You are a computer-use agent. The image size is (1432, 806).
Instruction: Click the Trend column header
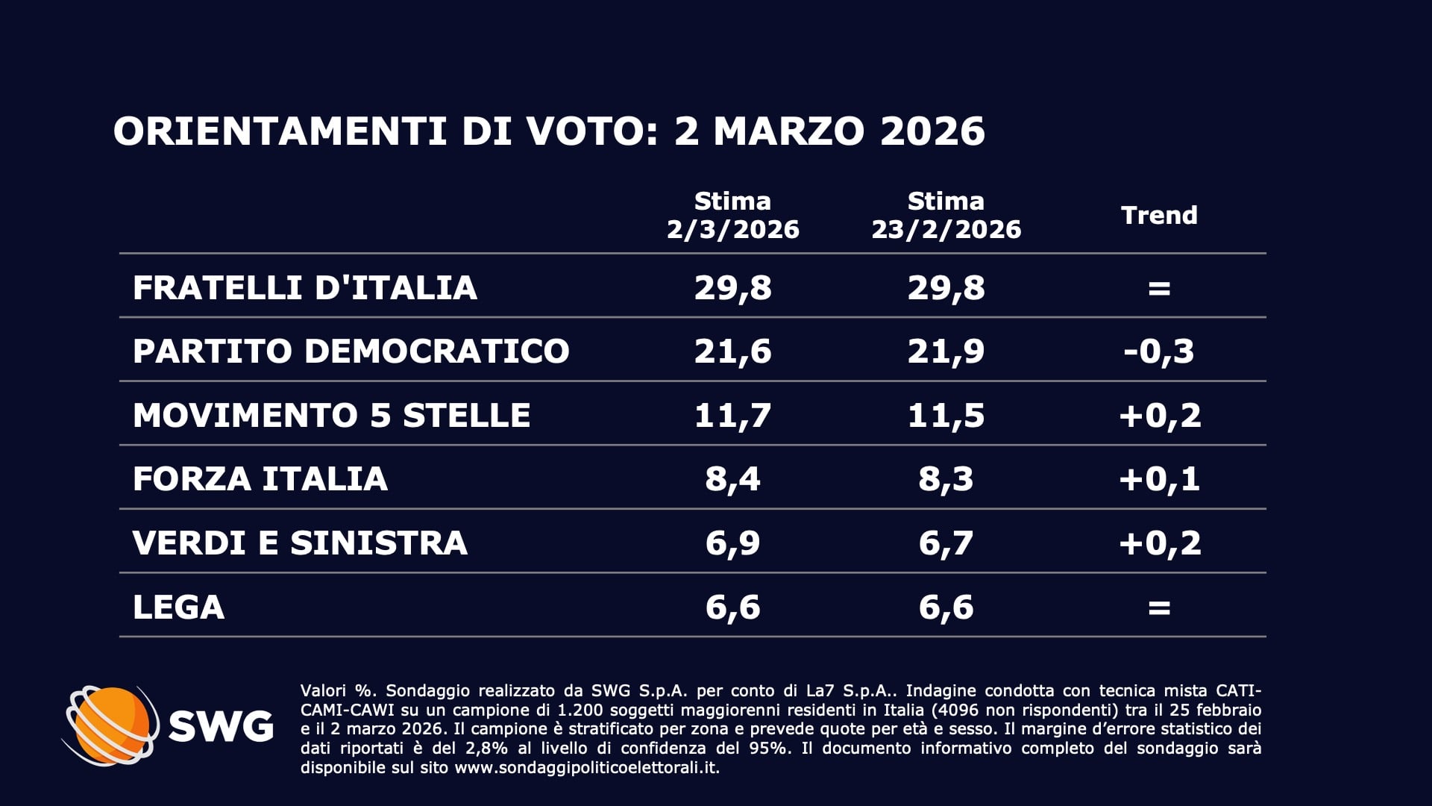tap(1159, 216)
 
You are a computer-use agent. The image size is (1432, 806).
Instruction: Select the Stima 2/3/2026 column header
tap(732, 215)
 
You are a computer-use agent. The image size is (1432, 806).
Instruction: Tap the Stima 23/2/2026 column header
tap(946, 215)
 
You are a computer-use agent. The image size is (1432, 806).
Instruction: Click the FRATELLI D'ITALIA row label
tap(304, 287)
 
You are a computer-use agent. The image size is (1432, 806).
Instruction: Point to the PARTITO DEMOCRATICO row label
tap(351, 351)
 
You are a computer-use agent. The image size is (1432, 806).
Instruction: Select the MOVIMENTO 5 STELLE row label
tap(331, 415)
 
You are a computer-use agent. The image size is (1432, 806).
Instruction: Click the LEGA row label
tap(178, 607)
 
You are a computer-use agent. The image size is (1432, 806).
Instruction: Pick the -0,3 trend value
tap(1159, 351)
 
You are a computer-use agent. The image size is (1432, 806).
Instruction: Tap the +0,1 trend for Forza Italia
tap(1159, 478)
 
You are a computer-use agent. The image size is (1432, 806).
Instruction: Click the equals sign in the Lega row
tap(1159, 607)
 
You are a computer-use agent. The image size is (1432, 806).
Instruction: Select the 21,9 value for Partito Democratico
tap(946, 351)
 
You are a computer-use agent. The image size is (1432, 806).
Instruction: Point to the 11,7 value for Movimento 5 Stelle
tap(732, 415)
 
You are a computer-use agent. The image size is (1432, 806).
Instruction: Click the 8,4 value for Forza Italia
tap(732, 478)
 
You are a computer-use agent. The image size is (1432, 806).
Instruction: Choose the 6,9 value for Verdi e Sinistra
tap(732, 543)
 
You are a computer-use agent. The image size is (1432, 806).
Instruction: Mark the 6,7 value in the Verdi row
tap(946, 543)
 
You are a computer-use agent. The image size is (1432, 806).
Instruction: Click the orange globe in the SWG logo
tap(112, 724)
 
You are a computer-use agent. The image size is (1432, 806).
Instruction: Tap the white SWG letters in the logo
tap(221, 725)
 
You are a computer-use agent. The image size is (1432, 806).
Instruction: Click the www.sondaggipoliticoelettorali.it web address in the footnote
tap(586, 768)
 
